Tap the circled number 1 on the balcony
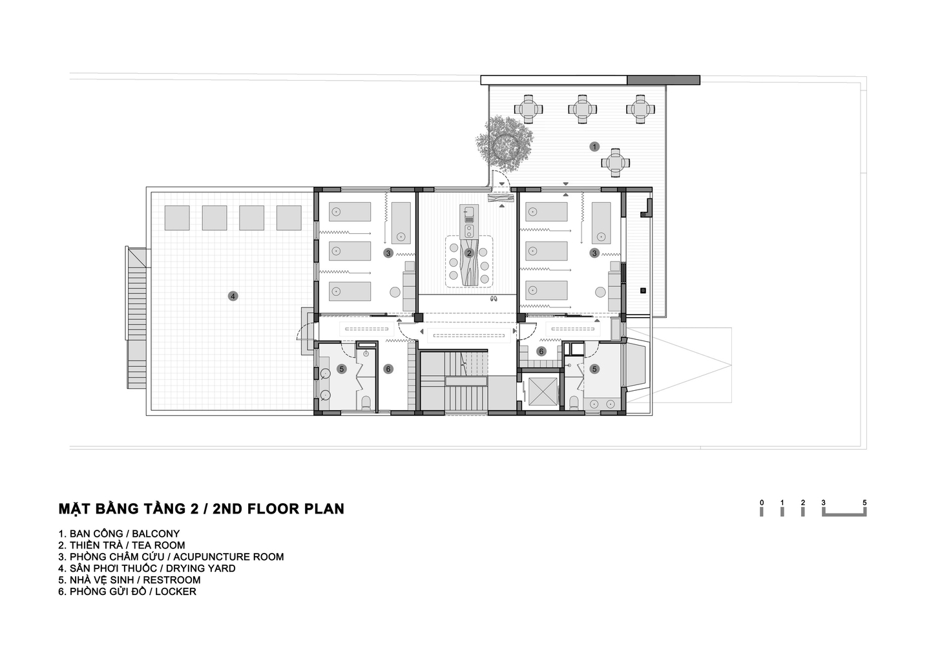tap(594, 147)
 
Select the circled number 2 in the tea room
tap(469, 253)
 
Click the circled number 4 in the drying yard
tap(233, 296)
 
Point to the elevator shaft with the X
tap(541, 391)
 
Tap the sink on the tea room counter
tap(469, 215)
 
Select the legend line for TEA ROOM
tap(121, 545)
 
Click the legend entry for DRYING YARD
tap(147, 568)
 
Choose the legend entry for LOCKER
tap(127, 592)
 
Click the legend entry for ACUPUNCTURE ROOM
tap(171, 557)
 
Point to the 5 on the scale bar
tap(865, 503)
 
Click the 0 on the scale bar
tap(762, 503)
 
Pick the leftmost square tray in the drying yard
tap(177, 218)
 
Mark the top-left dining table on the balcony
tap(528, 109)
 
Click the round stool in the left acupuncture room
tap(395, 292)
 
